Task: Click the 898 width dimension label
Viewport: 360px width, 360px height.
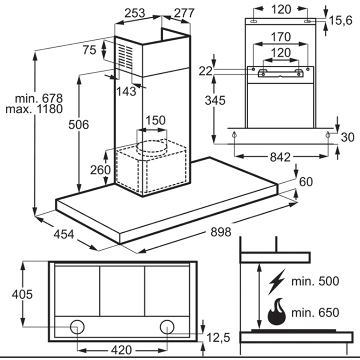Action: (221, 232)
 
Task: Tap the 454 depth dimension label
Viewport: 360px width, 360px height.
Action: (64, 234)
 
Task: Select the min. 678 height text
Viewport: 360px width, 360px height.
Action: (39, 98)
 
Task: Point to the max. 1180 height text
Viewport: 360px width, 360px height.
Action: (34, 109)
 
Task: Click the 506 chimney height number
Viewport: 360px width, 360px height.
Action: (79, 125)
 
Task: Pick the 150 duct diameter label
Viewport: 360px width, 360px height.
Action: (156, 120)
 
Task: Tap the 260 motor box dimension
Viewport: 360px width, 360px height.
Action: (100, 170)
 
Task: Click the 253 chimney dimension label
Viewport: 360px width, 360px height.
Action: (135, 13)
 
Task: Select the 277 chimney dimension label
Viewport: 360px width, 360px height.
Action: (184, 13)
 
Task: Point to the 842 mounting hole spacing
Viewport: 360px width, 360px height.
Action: (280, 157)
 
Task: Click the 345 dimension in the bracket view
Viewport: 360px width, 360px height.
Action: (215, 100)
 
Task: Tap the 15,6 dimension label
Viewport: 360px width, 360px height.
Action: (341, 21)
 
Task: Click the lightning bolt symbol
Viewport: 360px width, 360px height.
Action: (277, 282)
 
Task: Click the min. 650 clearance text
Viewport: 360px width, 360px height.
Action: (315, 312)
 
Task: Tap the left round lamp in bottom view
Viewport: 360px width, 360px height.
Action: (77, 327)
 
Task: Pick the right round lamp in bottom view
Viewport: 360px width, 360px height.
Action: (167, 327)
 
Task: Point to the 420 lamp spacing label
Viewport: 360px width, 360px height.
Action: (121, 350)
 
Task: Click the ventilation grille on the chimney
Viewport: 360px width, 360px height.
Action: (126, 57)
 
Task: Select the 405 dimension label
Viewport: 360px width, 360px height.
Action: (22, 294)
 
